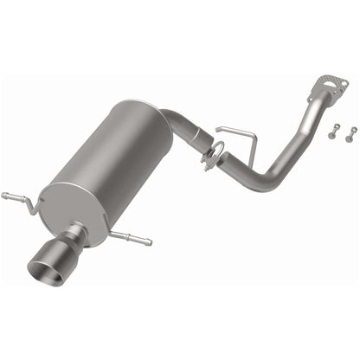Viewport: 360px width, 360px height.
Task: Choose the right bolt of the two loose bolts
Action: [350, 132]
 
